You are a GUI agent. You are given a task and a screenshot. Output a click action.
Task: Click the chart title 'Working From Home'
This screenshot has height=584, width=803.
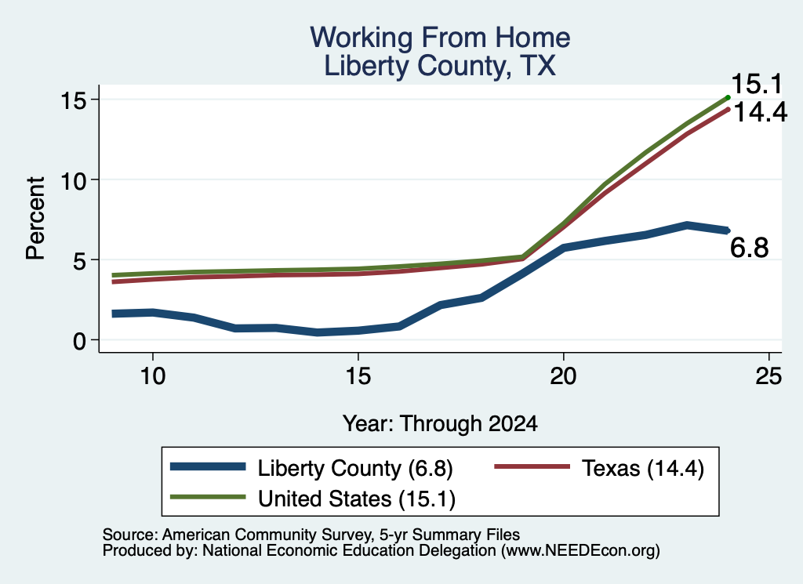tap(440, 38)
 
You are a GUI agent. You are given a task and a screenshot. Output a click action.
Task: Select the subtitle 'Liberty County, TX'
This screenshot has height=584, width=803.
tap(440, 66)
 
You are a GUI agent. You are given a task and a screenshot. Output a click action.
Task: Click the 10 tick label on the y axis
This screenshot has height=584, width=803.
tap(72, 180)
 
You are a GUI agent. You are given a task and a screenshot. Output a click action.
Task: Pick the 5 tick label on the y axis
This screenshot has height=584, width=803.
tap(79, 260)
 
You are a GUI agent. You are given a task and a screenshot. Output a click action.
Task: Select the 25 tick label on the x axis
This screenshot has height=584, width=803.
tap(768, 377)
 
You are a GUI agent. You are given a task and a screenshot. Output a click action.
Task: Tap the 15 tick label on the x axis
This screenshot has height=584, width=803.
tap(358, 377)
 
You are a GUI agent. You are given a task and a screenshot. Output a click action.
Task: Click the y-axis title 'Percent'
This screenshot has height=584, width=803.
tap(36, 219)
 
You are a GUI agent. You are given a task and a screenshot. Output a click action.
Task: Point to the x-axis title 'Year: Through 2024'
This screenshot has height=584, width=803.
tap(440, 424)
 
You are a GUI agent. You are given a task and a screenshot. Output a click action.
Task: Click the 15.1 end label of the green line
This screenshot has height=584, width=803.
tap(757, 84)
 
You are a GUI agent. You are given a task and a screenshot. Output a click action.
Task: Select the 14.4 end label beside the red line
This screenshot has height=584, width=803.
tap(761, 111)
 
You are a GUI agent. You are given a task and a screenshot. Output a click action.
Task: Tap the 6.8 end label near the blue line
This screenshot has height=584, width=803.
tap(749, 248)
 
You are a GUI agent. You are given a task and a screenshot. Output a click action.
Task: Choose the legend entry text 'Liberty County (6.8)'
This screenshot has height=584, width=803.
tap(355, 468)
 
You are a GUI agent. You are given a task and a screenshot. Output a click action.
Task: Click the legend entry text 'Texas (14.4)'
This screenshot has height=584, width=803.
tap(643, 468)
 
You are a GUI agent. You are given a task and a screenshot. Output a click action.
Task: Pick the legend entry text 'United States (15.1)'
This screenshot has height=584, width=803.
tap(357, 499)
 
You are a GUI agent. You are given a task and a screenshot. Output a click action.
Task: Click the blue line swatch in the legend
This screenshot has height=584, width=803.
tap(208, 466)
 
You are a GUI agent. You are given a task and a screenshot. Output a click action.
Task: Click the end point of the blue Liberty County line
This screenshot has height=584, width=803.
tap(727, 230)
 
